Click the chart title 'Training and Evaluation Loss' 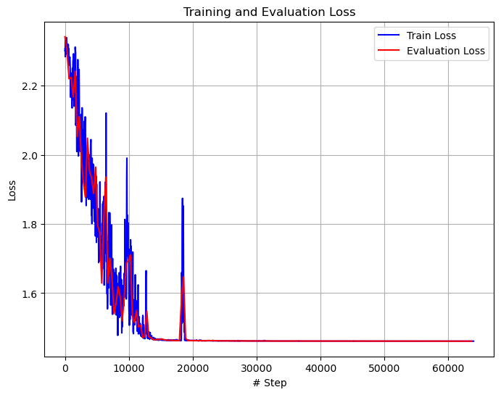click(269, 12)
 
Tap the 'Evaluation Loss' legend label click(447, 51)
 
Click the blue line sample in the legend click(389, 35)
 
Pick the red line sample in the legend click(389, 51)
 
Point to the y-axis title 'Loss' click(12, 190)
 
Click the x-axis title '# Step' click(269, 383)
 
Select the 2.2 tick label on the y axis click(29, 86)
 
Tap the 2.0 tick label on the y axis click(29, 155)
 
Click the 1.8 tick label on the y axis click(29, 225)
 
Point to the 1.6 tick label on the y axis click(29, 294)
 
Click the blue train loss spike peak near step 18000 click(182, 199)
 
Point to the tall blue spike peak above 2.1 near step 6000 click(106, 114)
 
